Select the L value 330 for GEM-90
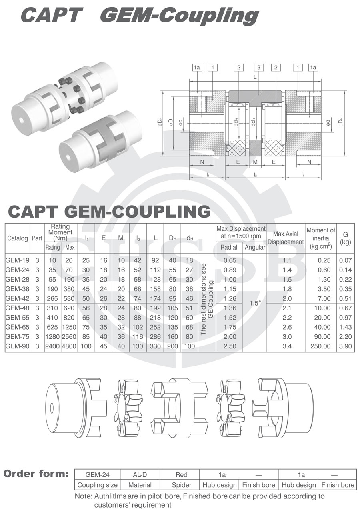click(155, 346)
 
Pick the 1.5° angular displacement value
click(254, 303)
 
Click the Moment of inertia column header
click(321, 238)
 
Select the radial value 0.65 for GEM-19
click(229, 260)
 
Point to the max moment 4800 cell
click(68, 346)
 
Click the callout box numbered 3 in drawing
click(259, 68)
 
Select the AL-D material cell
click(140, 475)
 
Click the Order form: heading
click(36, 474)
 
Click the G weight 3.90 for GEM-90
click(345, 346)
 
